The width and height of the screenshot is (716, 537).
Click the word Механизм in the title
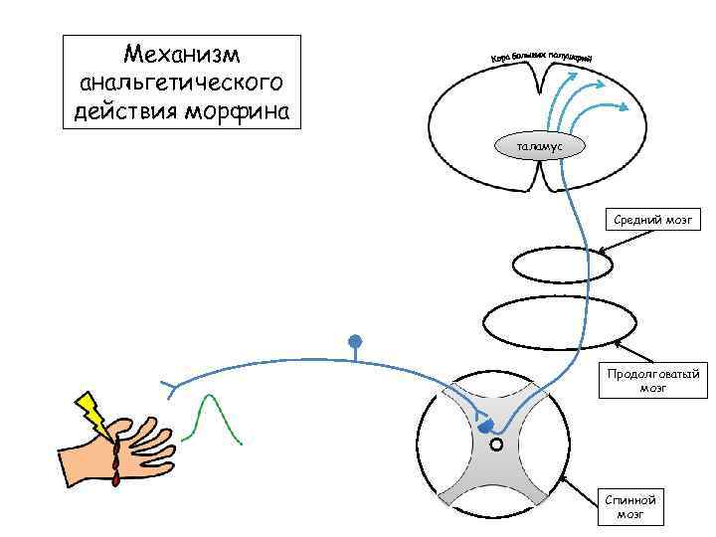coord(181,52)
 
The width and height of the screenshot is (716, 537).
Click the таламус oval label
coord(539,146)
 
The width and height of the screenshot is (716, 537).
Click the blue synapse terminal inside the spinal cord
coord(484,427)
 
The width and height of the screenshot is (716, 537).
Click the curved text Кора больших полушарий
coord(543,59)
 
